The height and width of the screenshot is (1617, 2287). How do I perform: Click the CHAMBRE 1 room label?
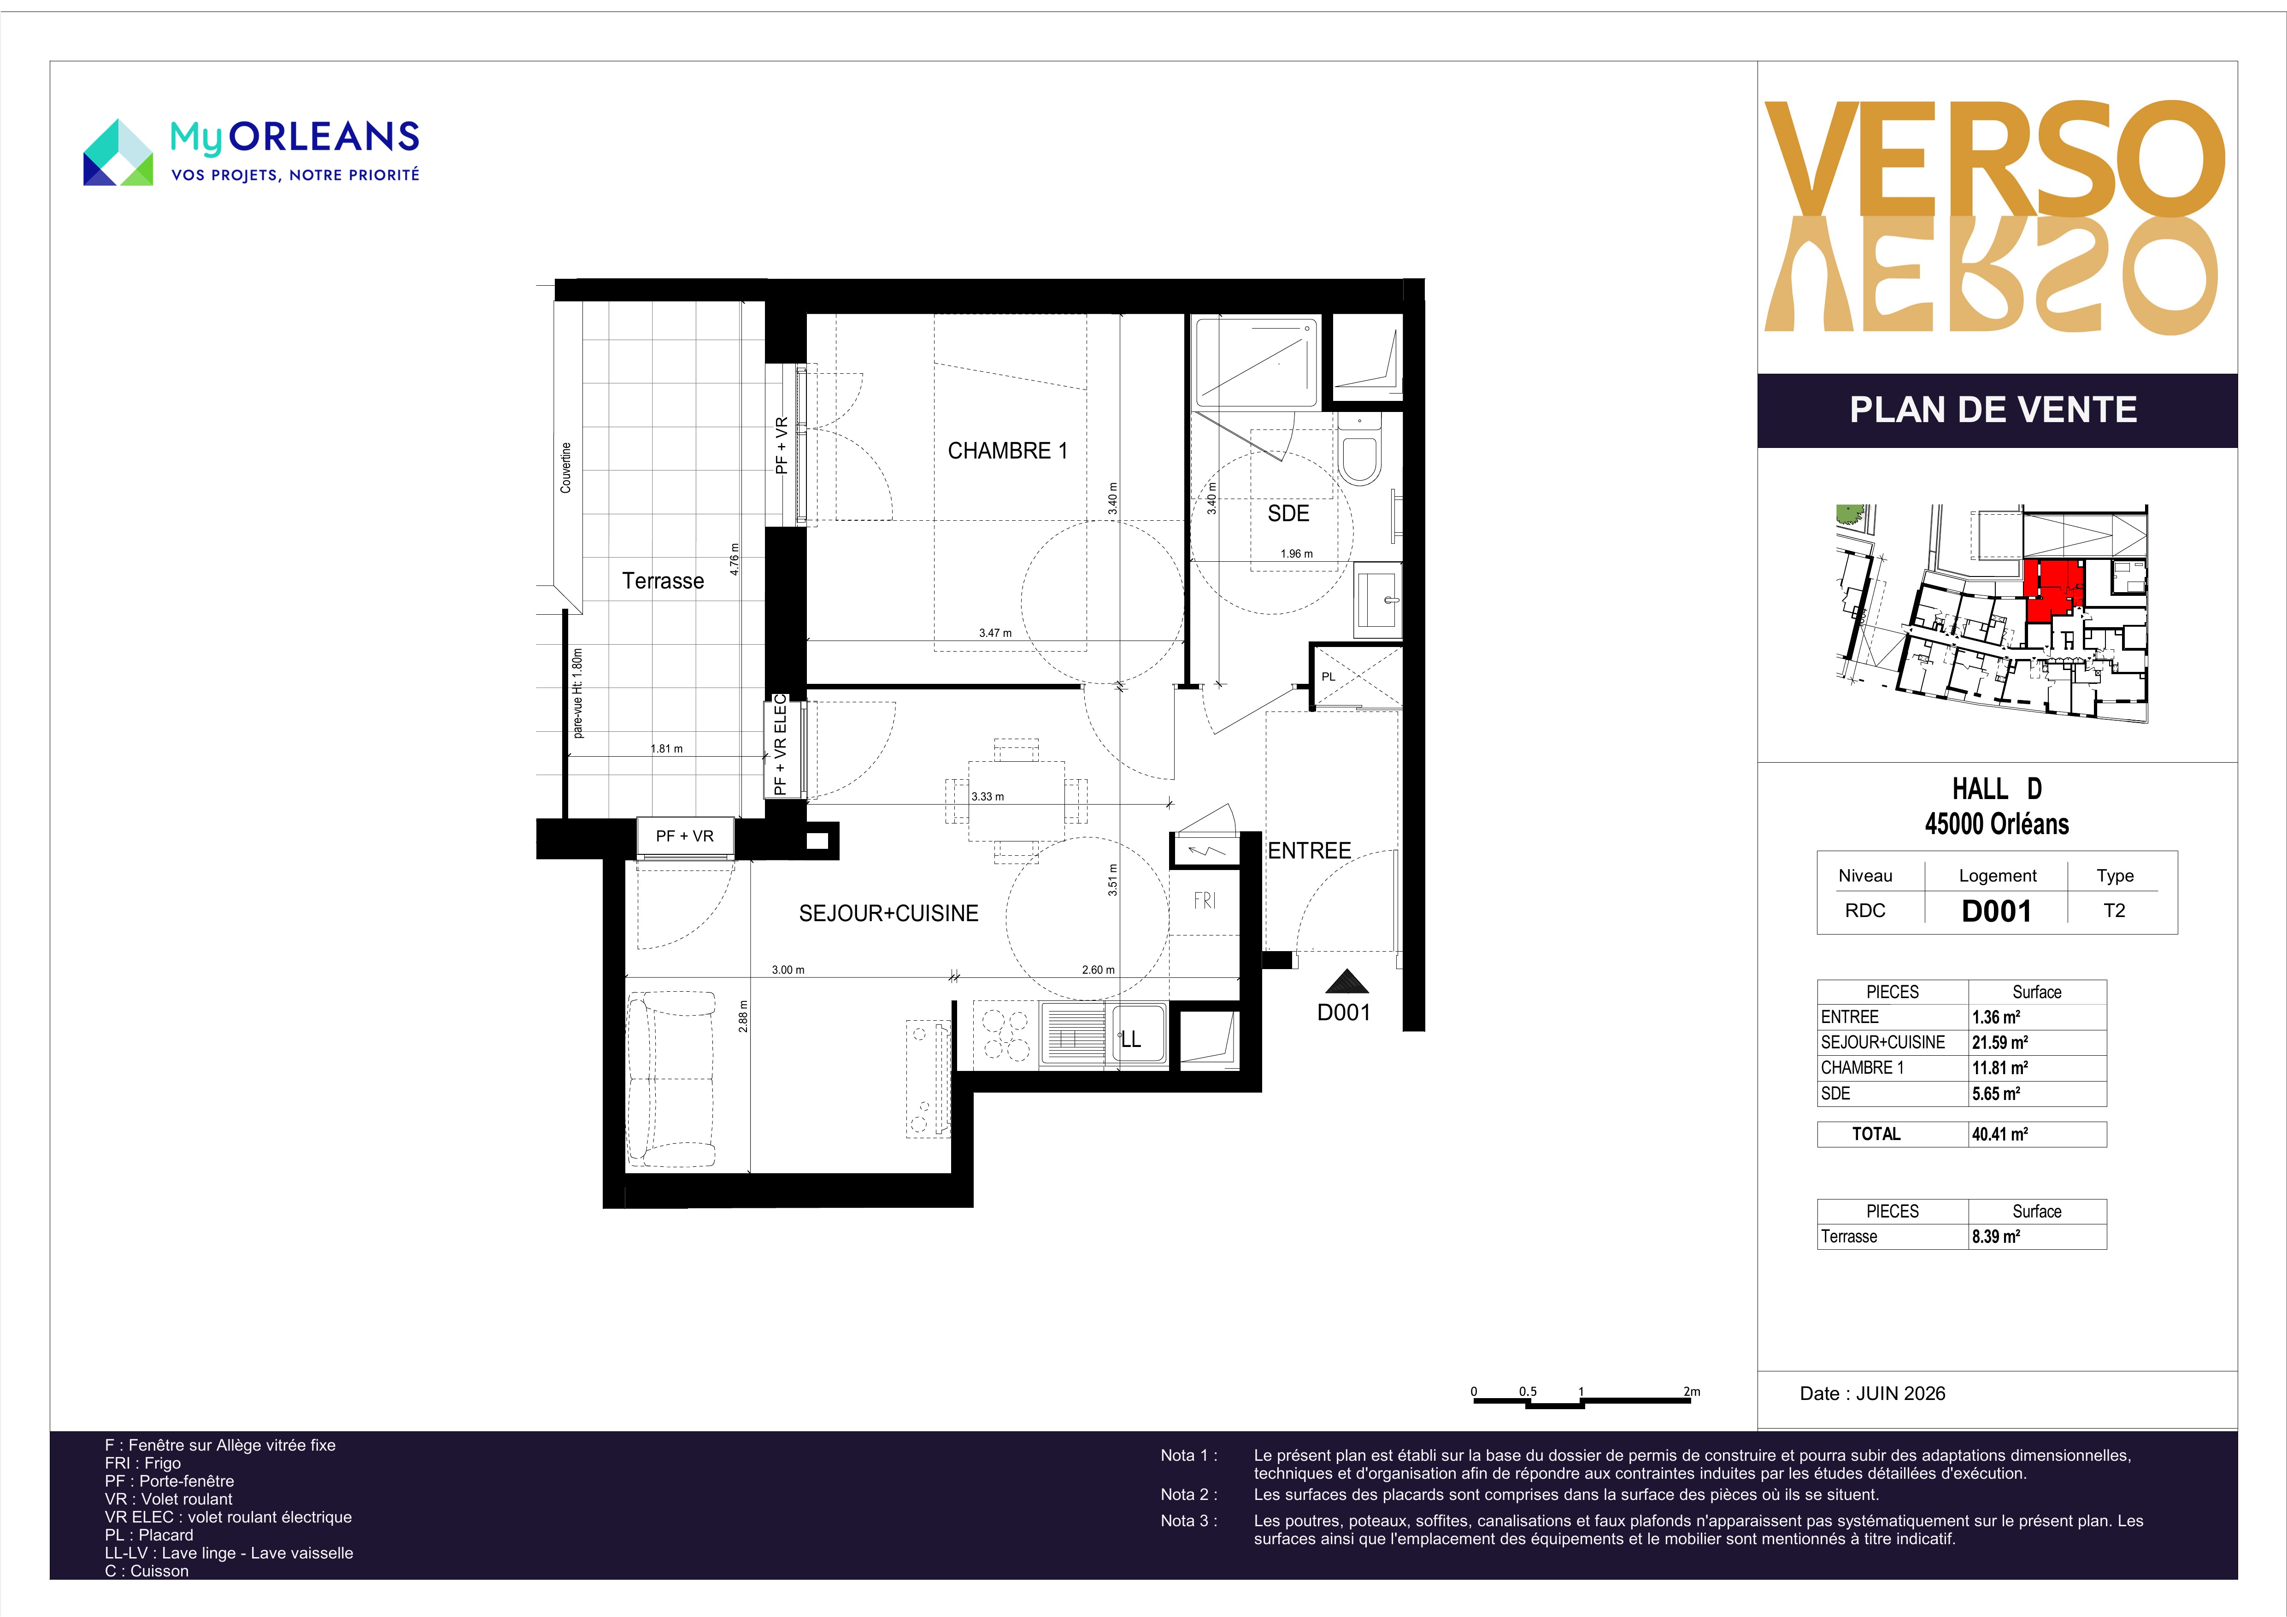click(x=1007, y=451)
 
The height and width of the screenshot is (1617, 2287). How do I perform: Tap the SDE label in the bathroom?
click(x=1288, y=513)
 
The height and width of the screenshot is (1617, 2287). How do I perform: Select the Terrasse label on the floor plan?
click(x=662, y=581)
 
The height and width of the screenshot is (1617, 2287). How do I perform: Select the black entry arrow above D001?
click(x=1346, y=982)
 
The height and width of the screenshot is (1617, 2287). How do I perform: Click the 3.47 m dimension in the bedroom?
click(x=994, y=633)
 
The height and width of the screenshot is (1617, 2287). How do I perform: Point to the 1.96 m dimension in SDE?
click(x=1296, y=554)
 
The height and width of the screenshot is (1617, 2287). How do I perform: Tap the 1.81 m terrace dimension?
click(x=666, y=748)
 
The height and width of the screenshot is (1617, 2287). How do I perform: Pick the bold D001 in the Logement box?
click(x=1996, y=911)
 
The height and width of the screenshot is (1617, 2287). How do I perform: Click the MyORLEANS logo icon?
click(x=118, y=153)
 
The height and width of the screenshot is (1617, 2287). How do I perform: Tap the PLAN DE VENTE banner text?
click(x=1993, y=410)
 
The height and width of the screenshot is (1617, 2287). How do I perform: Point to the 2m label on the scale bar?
click(x=1691, y=1392)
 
